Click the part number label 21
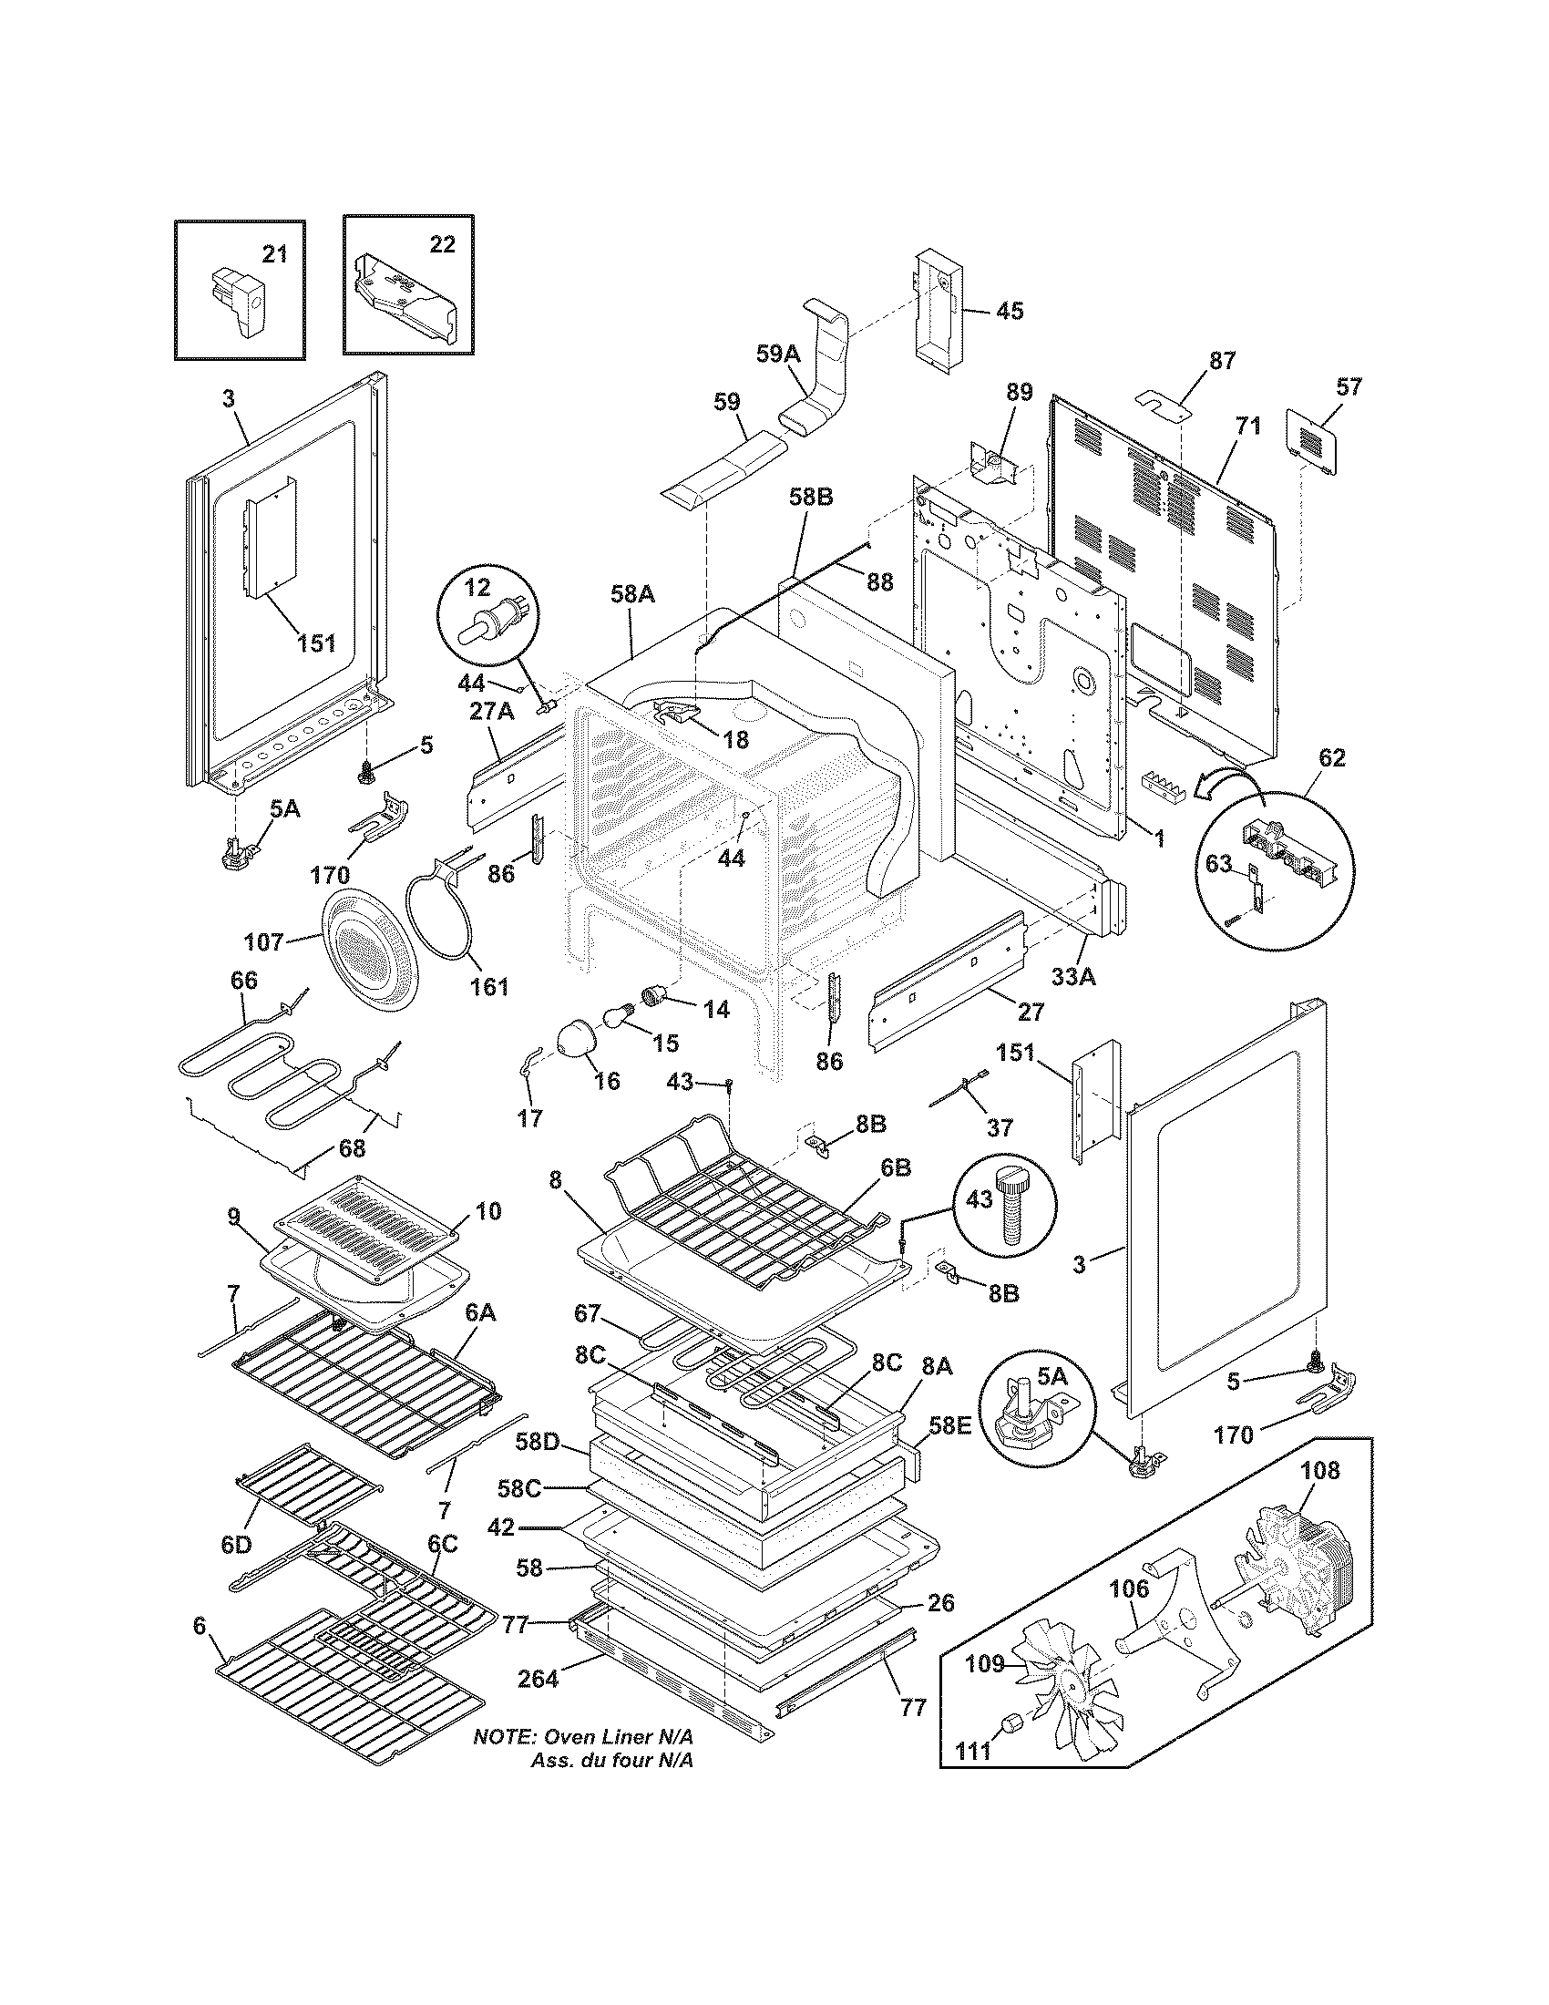[x=274, y=253]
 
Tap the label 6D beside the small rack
[x=236, y=1544]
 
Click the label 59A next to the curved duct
[x=778, y=354]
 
